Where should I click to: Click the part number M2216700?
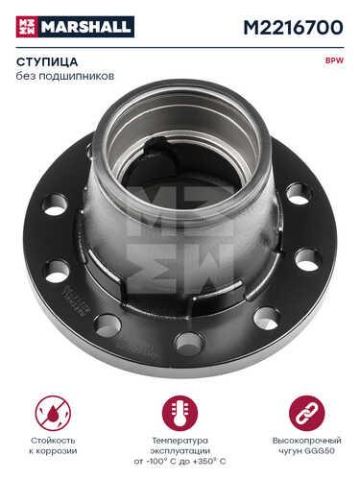293,28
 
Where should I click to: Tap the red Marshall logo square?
27,27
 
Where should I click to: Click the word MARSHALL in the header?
86,27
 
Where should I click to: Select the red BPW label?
335,60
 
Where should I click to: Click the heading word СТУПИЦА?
47,62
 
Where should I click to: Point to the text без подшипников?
65,76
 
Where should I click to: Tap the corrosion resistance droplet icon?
53,413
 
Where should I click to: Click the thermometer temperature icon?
180,413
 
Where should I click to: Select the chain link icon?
307,413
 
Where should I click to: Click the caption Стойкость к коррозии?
53,445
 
